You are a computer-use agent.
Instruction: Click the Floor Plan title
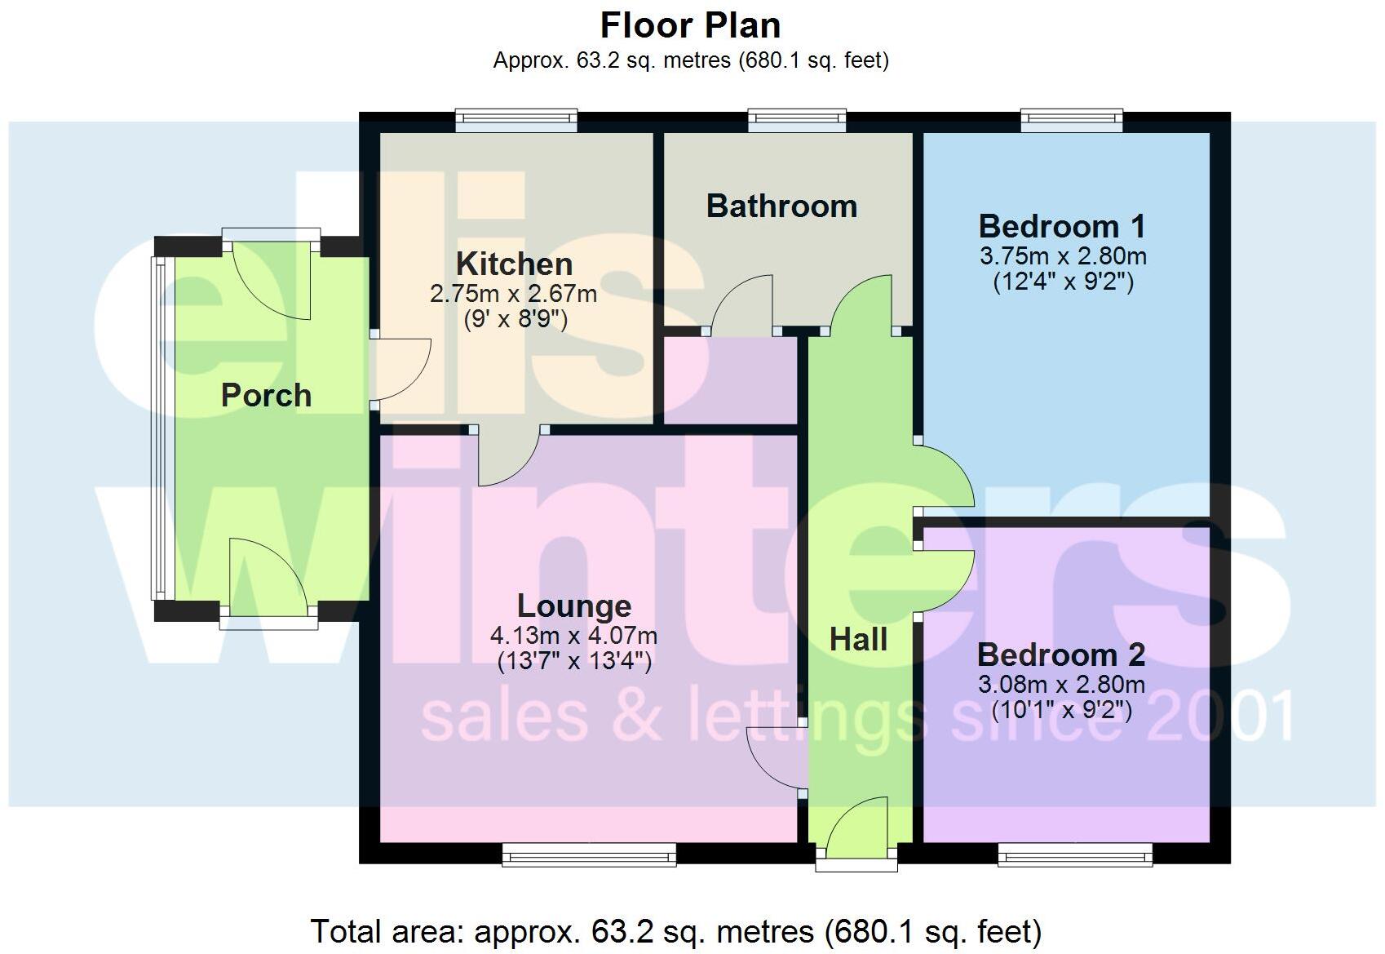click(x=690, y=25)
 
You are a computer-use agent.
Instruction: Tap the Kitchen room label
click(x=514, y=264)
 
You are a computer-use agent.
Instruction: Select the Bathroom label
click(x=781, y=206)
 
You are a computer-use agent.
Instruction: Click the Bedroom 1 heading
click(x=1062, y=226)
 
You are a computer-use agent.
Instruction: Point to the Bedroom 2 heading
click(x=1060, y=654)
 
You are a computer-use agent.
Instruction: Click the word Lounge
click(x=574, y=606)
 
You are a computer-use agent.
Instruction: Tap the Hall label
click(x=858, y=639)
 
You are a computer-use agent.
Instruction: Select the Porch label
click(x=266, y=395)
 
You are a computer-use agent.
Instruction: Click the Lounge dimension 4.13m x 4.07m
click(x=573, y=635)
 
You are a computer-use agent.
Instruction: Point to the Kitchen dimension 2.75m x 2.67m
click(x=513, y=293)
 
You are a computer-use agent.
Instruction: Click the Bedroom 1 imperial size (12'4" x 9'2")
click(x=1063, y=282)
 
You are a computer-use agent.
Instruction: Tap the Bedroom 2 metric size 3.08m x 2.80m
click(x=1061, y=684)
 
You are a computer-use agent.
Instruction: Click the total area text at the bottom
click(x=675, y=931)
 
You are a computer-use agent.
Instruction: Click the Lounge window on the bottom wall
click(x=589, y=854)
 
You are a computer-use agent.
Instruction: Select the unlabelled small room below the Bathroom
click(x=730, y=379)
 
